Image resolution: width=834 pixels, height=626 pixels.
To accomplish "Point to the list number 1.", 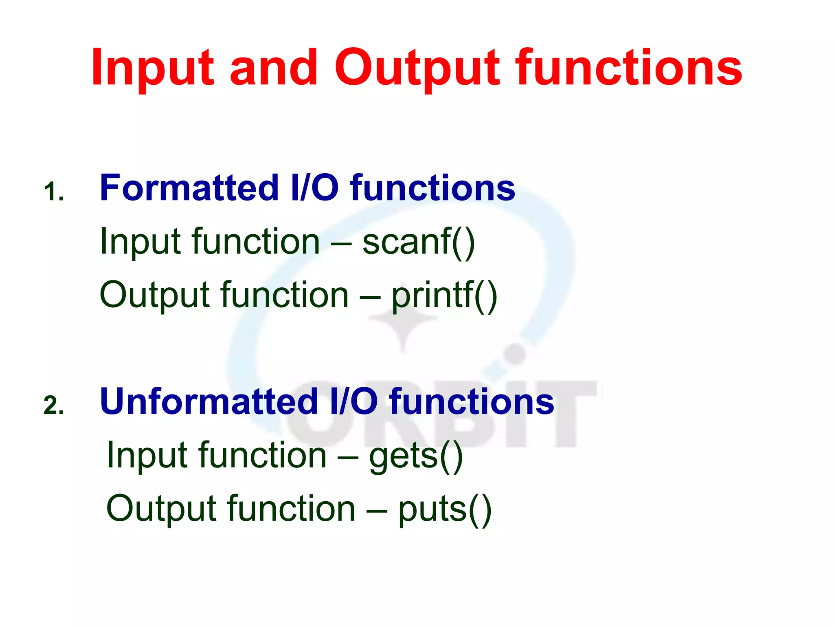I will [53, 192].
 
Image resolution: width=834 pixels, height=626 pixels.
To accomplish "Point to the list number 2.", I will [54, 406].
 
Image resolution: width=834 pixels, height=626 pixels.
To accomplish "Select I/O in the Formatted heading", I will [314, 188].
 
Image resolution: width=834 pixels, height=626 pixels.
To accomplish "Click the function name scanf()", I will [419, 242].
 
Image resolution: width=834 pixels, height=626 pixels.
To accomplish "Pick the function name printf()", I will [444, 296].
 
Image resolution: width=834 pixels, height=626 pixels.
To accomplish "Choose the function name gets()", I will [416, 456].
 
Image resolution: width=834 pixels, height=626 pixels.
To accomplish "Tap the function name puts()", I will [445, 510].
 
